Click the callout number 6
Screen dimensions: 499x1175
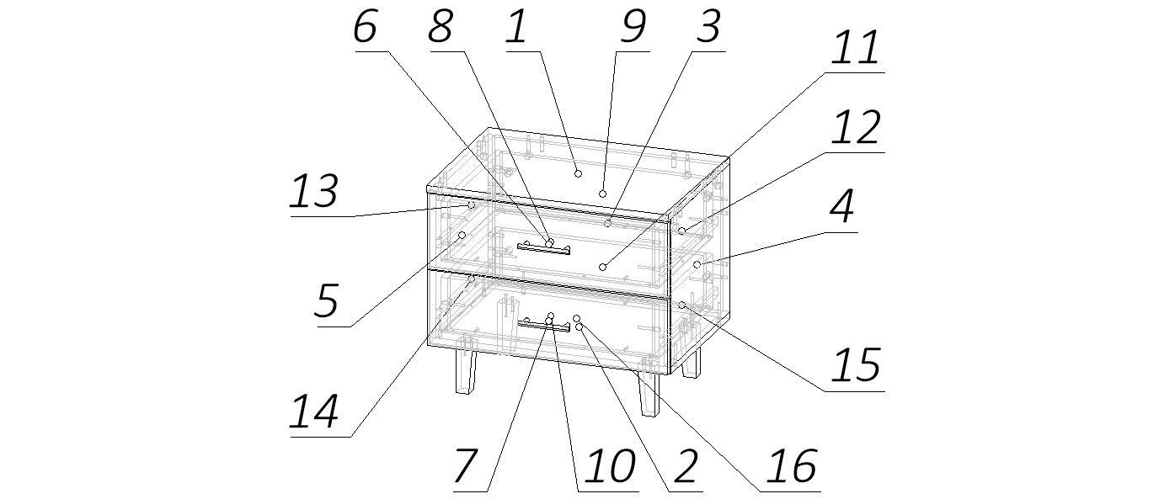[365, 28]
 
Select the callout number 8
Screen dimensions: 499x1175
[440, 28]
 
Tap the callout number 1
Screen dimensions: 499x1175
[516, 28]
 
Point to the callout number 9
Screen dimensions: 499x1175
[632, 28]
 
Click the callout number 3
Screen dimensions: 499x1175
[708, 28]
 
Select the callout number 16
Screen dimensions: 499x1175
[792, 466]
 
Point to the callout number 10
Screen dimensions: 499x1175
[609, 466]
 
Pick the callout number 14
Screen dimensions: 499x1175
[314, 413]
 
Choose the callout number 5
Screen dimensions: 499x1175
[327, 300]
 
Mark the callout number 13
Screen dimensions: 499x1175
[314, 193]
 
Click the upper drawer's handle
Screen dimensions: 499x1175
[543, 248]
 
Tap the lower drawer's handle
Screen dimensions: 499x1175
[543, 325]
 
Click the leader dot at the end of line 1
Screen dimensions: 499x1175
[578, 173]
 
